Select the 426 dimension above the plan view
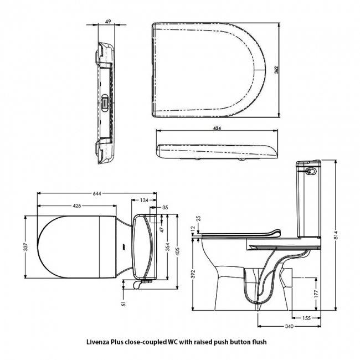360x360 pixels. [77, 206]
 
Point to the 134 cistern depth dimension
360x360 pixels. [144, 200]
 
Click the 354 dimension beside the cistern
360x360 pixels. [168, 247]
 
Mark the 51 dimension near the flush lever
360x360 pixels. [124, 302]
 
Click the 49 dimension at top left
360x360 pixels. [109, 23]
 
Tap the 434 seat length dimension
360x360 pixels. [217, 128]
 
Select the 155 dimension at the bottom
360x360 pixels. [306, 318]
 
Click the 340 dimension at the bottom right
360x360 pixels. [288, 327]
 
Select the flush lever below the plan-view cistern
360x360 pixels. [142, 283]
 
